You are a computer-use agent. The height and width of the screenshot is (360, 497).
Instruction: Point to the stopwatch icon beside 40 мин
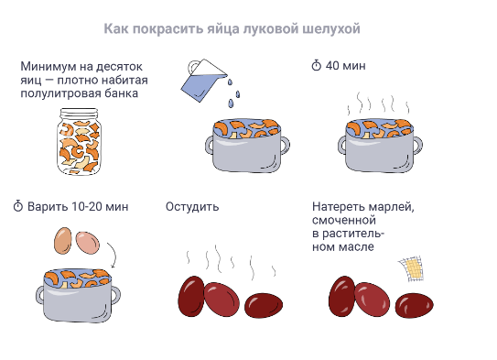coord(317,66)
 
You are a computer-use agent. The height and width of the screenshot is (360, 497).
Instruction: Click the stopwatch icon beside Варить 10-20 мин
coord(17,206)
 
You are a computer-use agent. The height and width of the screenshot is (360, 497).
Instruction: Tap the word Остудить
coord(192,206)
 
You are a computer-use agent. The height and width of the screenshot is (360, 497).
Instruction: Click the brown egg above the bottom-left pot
coord(63,240)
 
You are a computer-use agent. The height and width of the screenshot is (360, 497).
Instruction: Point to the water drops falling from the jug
coord(234,90)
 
